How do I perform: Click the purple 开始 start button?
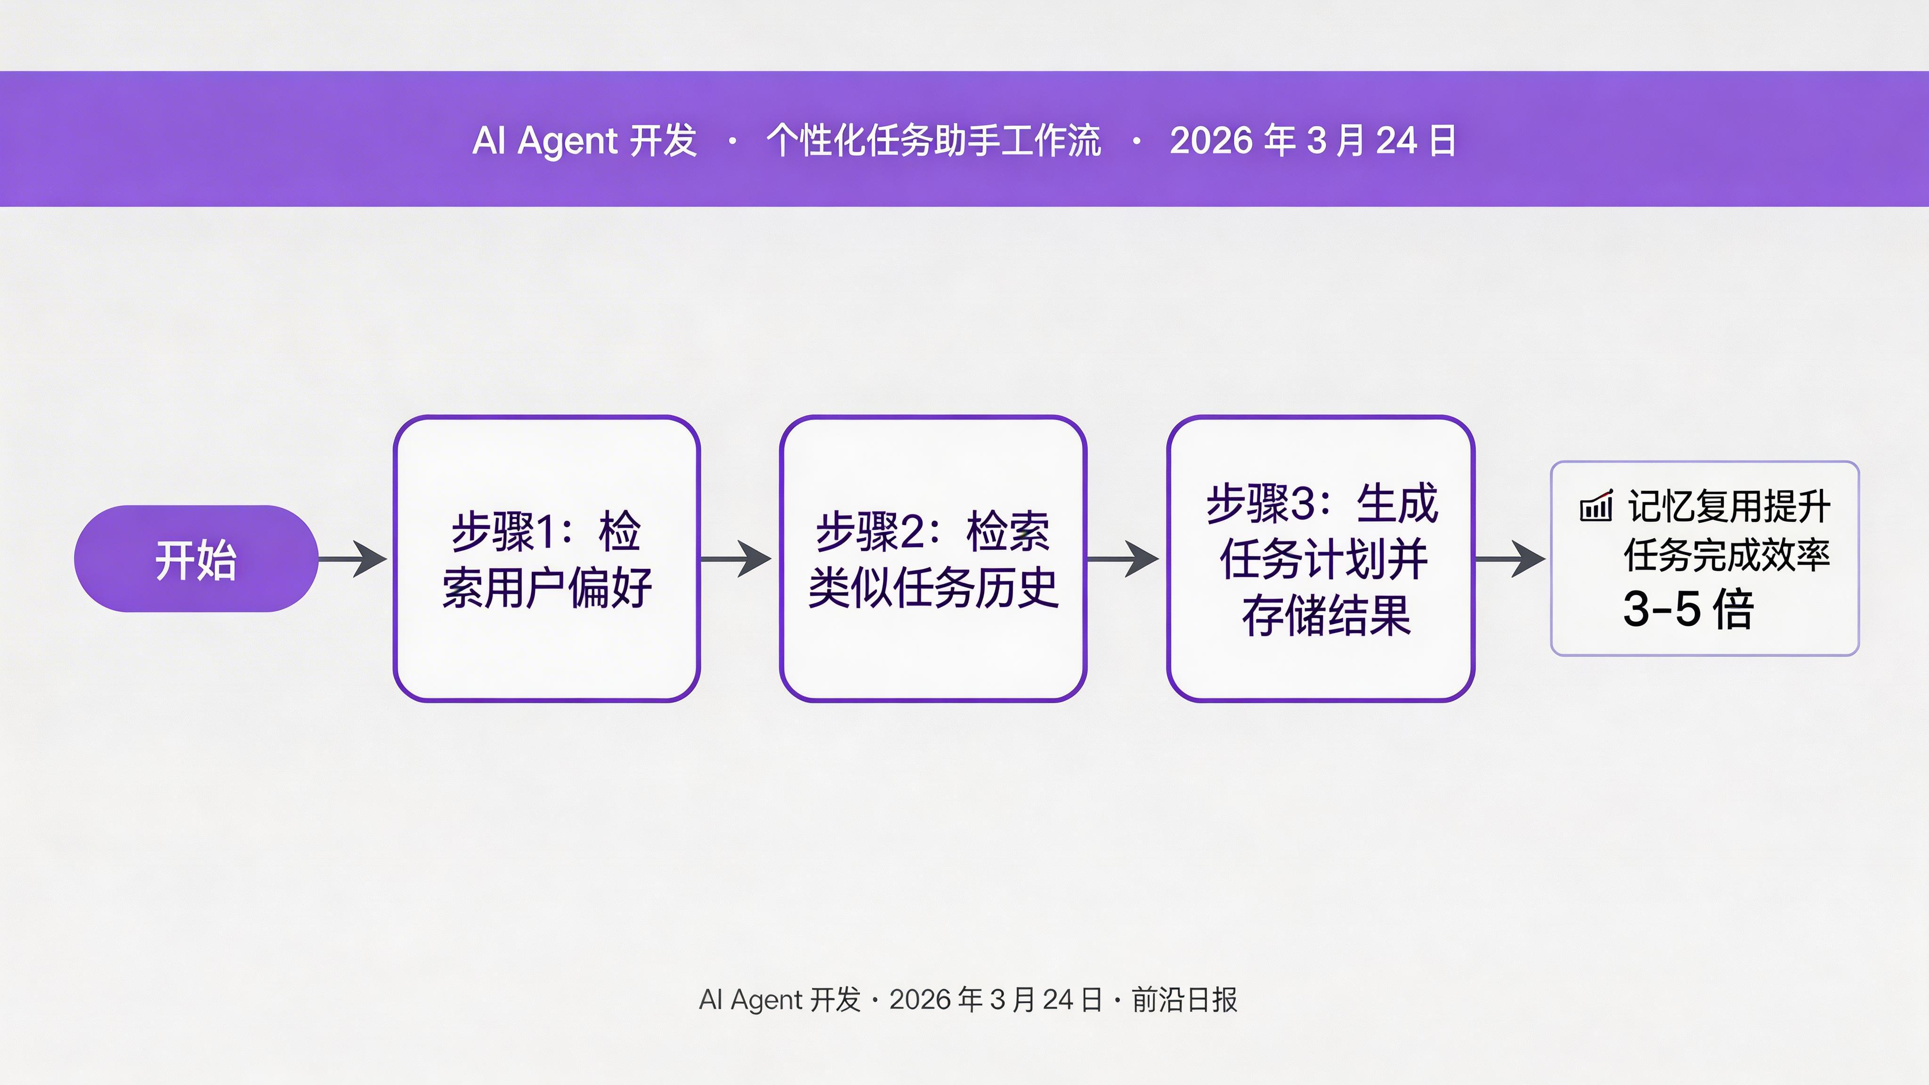coord(196,559)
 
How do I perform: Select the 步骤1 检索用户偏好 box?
coord(547,559)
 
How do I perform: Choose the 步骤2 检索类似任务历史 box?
coord(933,559)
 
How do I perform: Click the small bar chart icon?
coord(1596,506)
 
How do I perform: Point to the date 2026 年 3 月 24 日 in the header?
coord(1312,141)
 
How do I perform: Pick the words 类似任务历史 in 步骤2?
coord(933,588)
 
